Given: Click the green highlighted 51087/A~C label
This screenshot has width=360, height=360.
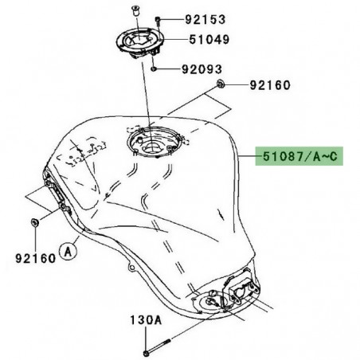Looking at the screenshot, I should pyautogui.click(x=299, y=158).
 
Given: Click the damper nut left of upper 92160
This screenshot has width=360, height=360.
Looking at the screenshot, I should pyautogui.click(x=221, y=84).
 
